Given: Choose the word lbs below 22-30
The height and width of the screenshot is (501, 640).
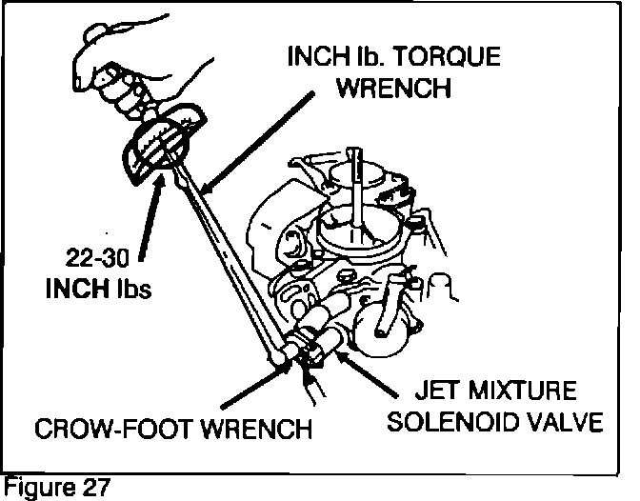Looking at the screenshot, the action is coord(130,288).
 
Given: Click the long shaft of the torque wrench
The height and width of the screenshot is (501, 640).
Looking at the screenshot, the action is coord(229,257).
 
